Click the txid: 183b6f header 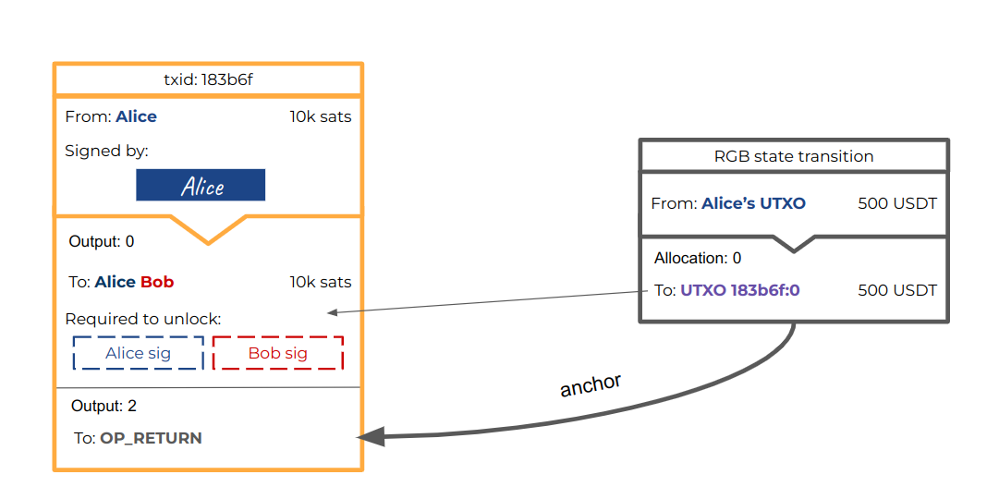[208, 79]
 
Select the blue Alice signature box [201, 185]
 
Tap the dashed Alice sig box [138, 353]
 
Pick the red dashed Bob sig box [277, 353]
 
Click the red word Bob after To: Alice [157, 282]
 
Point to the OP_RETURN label [151, 438]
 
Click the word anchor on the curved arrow [590, 384]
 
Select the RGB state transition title [793, 156]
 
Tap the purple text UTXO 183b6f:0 [739, 290]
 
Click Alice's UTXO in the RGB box [753, 203]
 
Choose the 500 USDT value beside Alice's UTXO [896, 203]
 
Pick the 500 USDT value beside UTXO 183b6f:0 [896, 290]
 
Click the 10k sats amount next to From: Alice [320, 116]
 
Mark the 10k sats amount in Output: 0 [320, 282]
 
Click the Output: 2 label [104, 406]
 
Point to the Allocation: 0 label [698, 258]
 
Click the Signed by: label [106, 151]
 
